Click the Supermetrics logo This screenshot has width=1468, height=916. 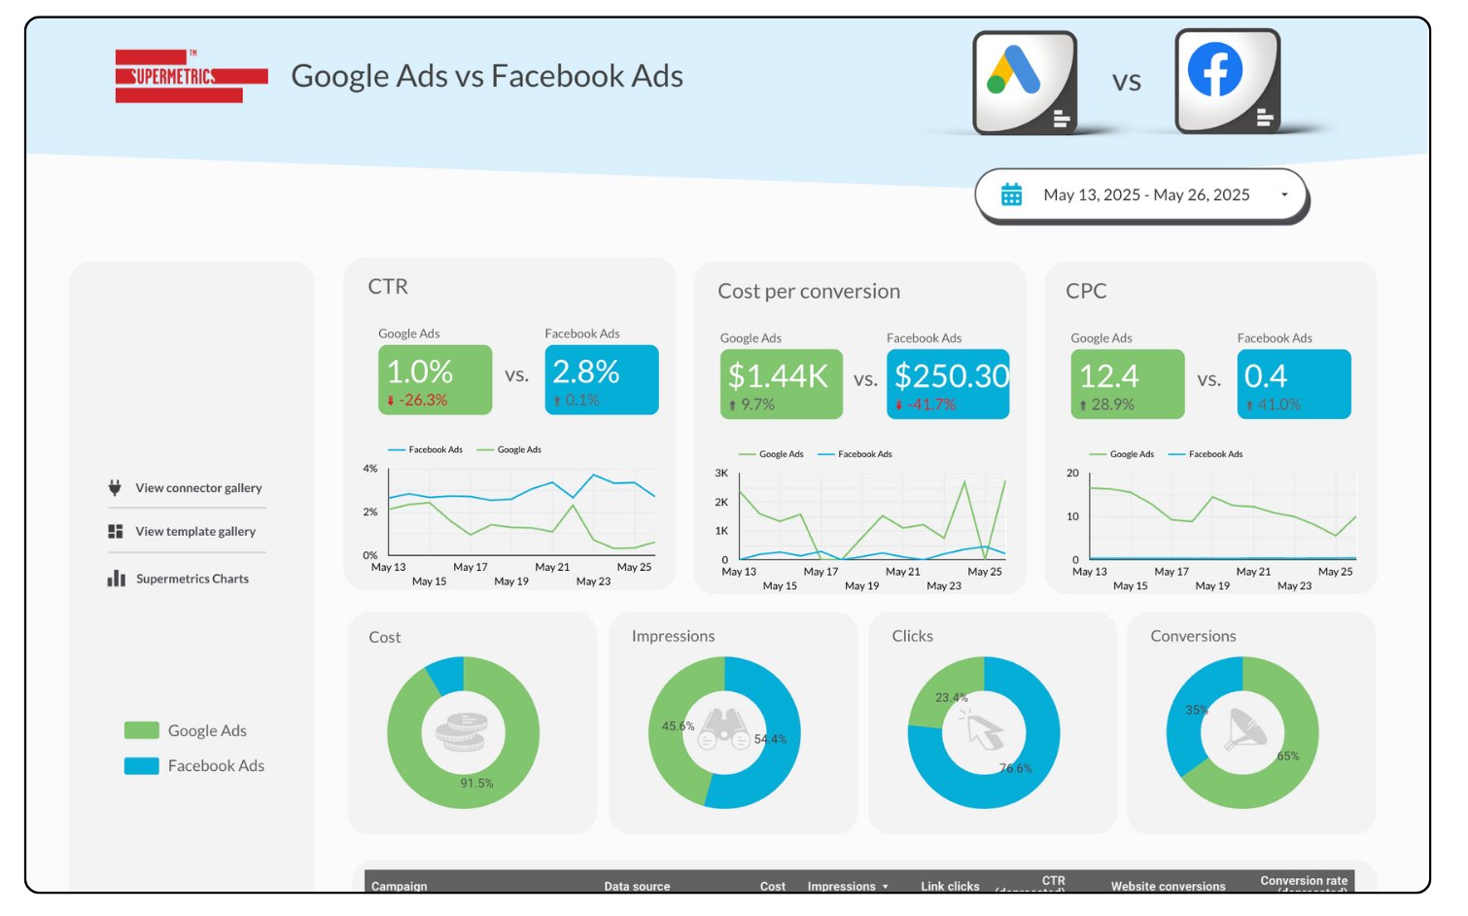[191, 76]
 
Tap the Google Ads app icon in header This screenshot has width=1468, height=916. [1025, 82]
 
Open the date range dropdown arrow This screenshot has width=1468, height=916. [1284, 194]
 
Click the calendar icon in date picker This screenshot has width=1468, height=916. [1011, 194]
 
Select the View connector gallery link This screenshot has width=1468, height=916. [198, 488]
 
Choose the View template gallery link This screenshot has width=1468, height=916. [194, 531]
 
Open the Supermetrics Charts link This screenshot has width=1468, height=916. [192, 579]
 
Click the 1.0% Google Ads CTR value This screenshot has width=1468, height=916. [420, 371]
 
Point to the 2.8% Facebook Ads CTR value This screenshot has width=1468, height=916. [586, 371]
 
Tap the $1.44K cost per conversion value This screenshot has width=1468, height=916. [778, 375]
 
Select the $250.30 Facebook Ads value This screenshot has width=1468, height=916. [951, 375]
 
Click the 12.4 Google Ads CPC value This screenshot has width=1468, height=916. [1108, 375]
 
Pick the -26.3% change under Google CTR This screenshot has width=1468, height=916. [423, 400]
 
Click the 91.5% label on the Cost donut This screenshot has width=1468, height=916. [476, 783]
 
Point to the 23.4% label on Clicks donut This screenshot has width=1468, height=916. [951, 697]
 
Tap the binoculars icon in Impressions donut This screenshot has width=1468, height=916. [724, 730]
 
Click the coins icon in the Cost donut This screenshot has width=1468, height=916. [462, 731]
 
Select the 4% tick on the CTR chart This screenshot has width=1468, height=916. [369, 469]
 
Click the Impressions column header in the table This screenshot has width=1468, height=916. [842, 886]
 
